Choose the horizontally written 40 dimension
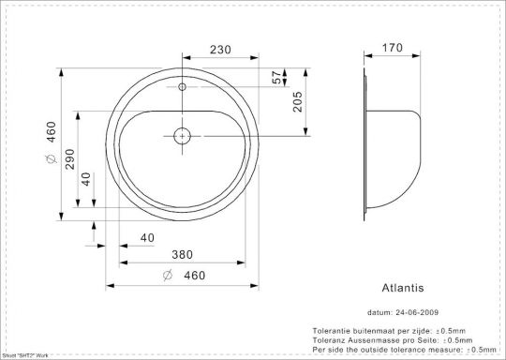[146, 238]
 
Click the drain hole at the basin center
[182, 136]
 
